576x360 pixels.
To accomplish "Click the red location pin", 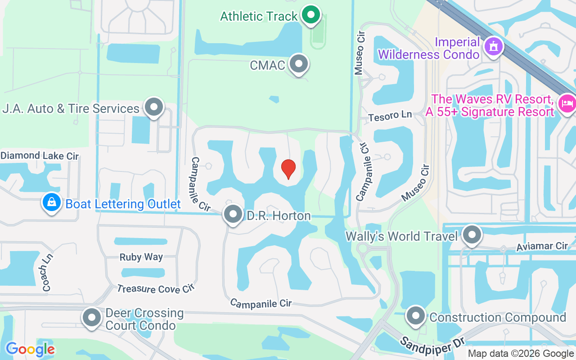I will click(288, 168).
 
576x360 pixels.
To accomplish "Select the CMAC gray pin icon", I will click(298, 64).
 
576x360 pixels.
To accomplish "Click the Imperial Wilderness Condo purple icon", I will click(493, 46).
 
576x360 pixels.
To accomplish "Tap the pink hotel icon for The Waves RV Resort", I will click(566, 103).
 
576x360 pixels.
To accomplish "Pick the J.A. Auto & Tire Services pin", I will click(154, 107).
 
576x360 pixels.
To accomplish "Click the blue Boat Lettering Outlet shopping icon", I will click(52, 203).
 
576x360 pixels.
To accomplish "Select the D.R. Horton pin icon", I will click(233, 214).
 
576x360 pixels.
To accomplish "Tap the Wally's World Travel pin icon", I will click(472, 234).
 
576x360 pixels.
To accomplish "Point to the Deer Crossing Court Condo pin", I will click(92, 318).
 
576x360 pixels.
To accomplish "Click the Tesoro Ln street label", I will click(390, 116).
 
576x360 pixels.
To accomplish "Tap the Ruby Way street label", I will click(141, 257).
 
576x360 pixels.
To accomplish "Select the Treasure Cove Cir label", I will click(155, 289).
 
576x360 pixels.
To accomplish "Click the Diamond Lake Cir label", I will click(40, 156).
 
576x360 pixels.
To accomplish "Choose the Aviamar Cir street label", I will click(542, 246).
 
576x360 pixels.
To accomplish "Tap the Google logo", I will click(30, 349).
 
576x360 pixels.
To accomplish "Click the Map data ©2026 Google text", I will click(521, 354).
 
